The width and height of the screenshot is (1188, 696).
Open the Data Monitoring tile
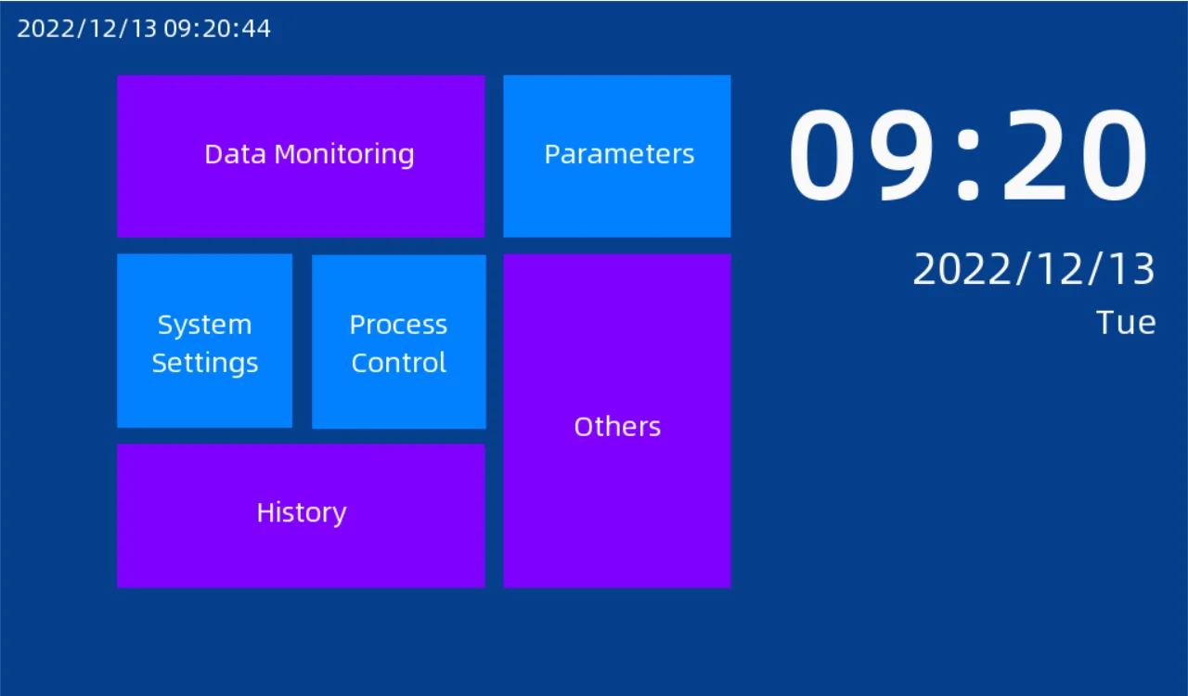click(x=301, y=156)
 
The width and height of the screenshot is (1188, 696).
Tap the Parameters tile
click(x=617, y=156)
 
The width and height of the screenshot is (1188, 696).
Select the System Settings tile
click(x=205, y=341)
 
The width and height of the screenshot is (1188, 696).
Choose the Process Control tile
click(x=399, y=342)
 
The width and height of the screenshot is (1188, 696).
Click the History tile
click(x=301, y=516)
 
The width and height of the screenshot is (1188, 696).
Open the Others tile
click(x=617, y=421)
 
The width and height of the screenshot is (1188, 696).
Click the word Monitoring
click(x=344, y=155)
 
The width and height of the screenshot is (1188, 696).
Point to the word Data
click(x=236, y=154)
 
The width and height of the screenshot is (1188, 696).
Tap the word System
click(x=205, y=326)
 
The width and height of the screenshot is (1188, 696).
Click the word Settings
click(x=205, y=364)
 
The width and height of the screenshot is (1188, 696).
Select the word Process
click(x=398, y=325)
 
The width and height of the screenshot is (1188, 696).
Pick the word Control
click(x=399, y=363)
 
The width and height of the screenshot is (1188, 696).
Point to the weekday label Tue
click(x=1126, y=323)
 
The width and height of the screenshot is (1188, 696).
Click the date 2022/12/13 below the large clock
click(x=1034, y=269)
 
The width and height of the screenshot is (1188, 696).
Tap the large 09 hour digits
click(x=861, y=154)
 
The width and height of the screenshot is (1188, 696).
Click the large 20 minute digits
click(x=1075, y=154)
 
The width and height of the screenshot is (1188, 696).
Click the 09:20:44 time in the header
click(x=217, y=29)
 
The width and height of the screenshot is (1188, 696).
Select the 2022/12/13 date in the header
click(x=87, y=29)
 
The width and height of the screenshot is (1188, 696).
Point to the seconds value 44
click(x=256, y=29)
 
